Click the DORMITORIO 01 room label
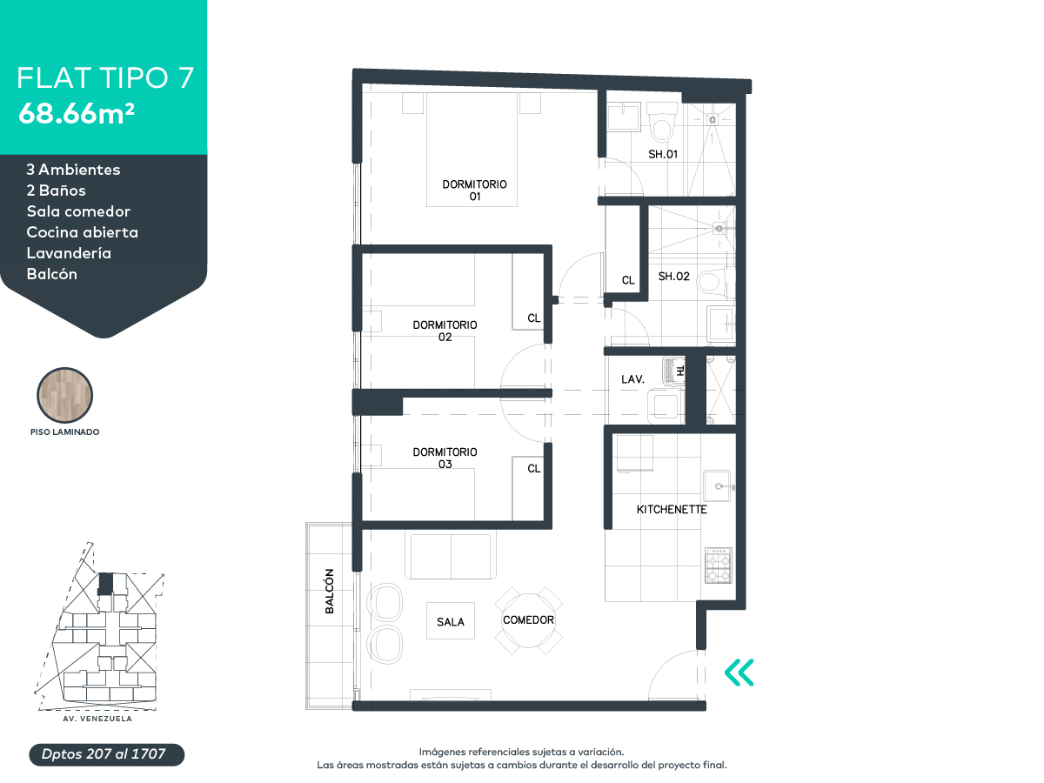coord(474,191)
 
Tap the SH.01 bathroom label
coord(663,154)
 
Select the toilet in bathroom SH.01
coord(661,122)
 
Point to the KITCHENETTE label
coord(672,509)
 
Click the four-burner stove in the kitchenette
coord(719,565)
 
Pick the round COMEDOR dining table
coord(528,620)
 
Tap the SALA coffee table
coord(451,621)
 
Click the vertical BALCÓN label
coord(329,591)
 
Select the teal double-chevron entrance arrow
coord(739,673)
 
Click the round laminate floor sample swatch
coord(64,395)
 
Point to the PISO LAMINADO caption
coord(64,432)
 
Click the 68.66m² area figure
coord(77,114)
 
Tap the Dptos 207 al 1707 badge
coord(106,754)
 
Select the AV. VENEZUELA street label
coord(97,719)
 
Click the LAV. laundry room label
coord(632,379)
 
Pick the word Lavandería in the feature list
coord(69,253)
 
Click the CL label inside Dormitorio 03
coord(533,469)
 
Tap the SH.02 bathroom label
coord(673,276)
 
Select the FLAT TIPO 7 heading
coord(105,77)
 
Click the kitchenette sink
coord(717,485)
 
